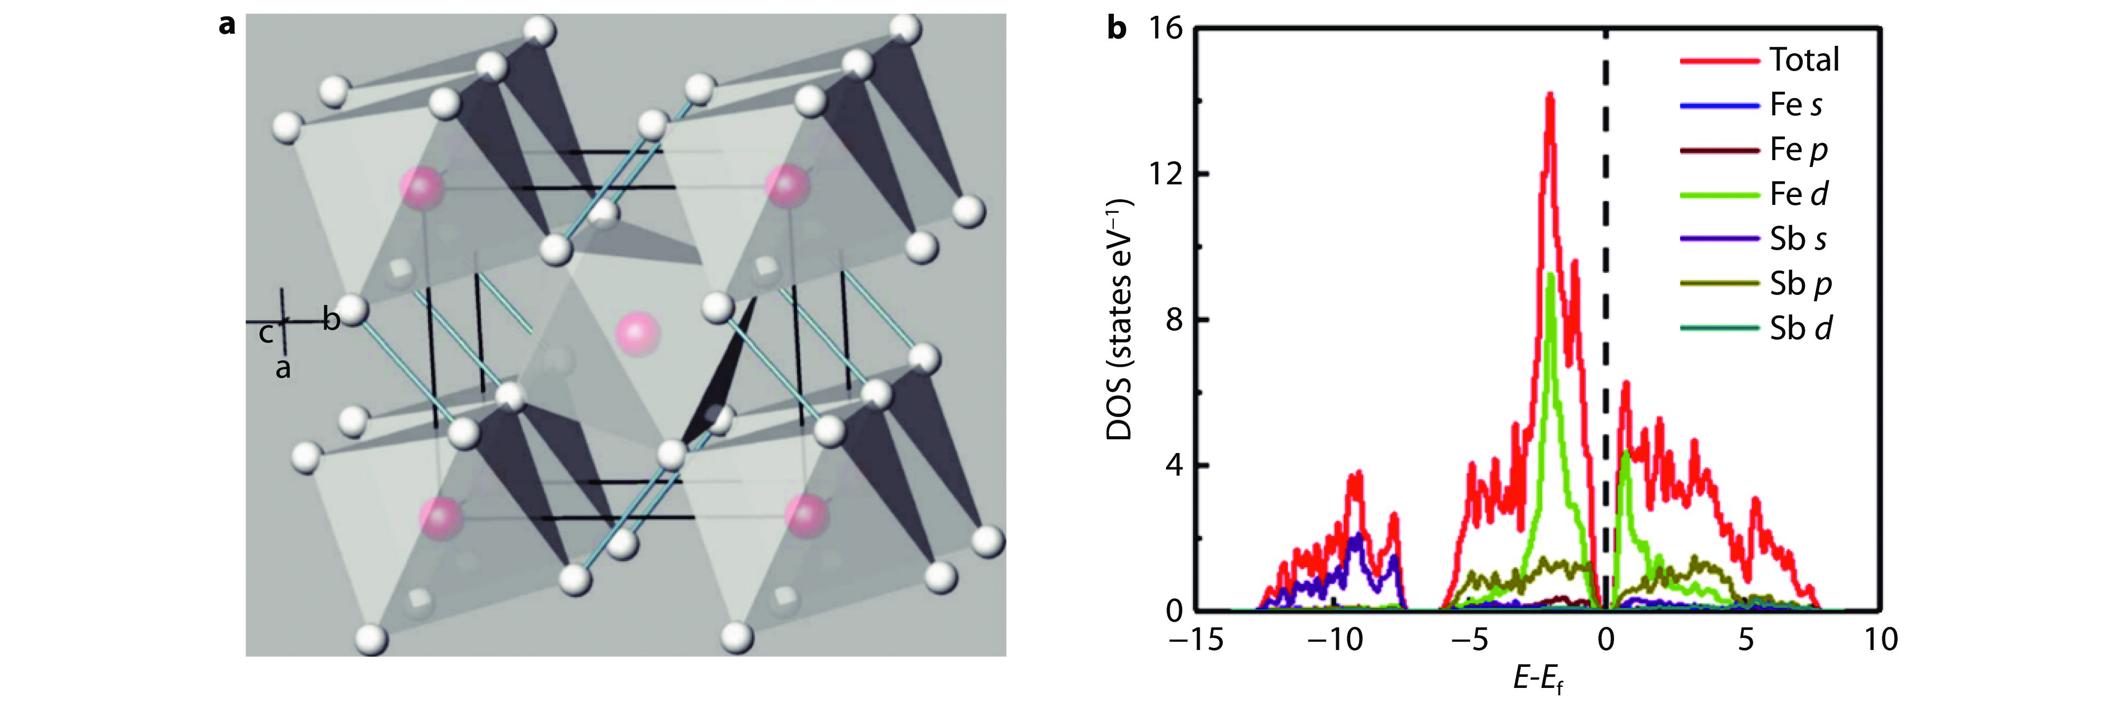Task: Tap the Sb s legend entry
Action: (1798, 239)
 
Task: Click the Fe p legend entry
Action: (1798, 150)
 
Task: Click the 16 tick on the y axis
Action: (1166, 29)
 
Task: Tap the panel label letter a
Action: (227, 25)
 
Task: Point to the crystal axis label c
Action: (266, 333)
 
